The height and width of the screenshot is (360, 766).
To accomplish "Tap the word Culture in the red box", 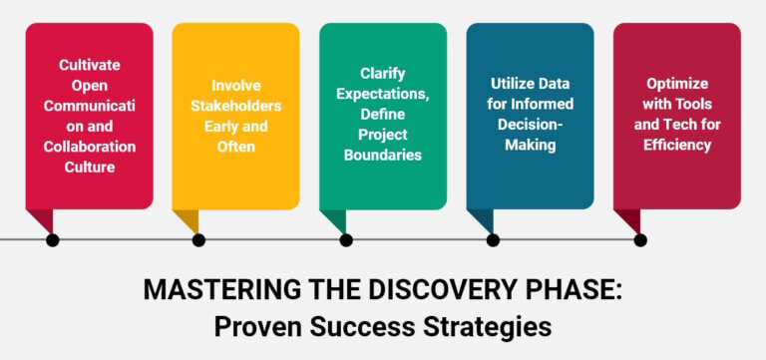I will [89, 168].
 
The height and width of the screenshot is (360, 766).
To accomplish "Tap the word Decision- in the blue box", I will [530, 124].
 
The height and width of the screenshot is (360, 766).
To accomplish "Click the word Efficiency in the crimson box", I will [676, 145].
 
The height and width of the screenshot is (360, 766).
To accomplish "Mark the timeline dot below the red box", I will [52, 239].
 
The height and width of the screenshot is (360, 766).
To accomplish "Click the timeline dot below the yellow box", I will [198, 239].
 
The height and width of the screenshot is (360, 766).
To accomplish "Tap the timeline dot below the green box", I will [346, 239].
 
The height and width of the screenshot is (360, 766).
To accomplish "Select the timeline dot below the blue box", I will [493, 239].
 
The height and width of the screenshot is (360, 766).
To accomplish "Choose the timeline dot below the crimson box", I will [640, 239].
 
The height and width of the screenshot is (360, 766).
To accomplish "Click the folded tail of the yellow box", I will [186, 220].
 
